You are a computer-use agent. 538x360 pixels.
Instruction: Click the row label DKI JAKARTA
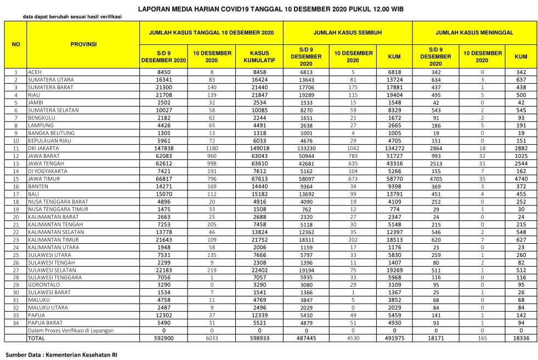pos(43,148)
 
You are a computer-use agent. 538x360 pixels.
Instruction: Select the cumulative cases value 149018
pos(259,148)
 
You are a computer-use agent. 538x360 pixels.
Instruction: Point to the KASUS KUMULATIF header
pos(259,56)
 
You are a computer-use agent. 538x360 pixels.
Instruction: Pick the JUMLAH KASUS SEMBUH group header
pos(348,32)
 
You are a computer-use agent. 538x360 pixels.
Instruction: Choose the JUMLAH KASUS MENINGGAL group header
pos(474,32)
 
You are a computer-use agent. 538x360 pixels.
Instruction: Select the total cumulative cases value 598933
pos(259,339)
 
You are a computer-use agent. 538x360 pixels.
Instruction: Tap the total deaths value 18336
pos(521,339)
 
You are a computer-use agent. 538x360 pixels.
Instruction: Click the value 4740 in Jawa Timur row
pos(521,179)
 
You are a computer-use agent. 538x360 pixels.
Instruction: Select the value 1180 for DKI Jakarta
pos(212,148)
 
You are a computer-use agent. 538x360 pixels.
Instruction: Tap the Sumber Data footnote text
pos(61,355)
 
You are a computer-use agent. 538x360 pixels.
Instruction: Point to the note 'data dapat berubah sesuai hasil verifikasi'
pos(72,16)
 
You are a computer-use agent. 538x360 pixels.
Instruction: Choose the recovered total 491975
pos(394,339)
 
